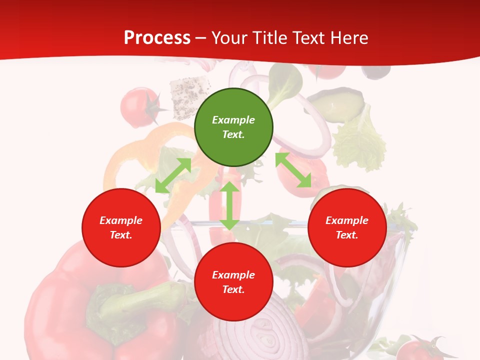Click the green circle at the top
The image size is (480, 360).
(x=233, y=127)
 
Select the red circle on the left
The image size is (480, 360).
(x=121, y=227)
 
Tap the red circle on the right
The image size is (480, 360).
(x=347, y=227)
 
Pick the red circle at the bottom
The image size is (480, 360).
(x=233, y=282)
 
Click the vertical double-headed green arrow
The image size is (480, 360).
(x=229, y=205)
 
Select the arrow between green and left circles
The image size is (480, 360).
(x=173, y=175)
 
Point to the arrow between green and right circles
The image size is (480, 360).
(x=293, y=170)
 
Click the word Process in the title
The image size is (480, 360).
(x=157, y=37)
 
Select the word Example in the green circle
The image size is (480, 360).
(x=233, y=120)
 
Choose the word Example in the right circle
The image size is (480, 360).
(x=347, y=220)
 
